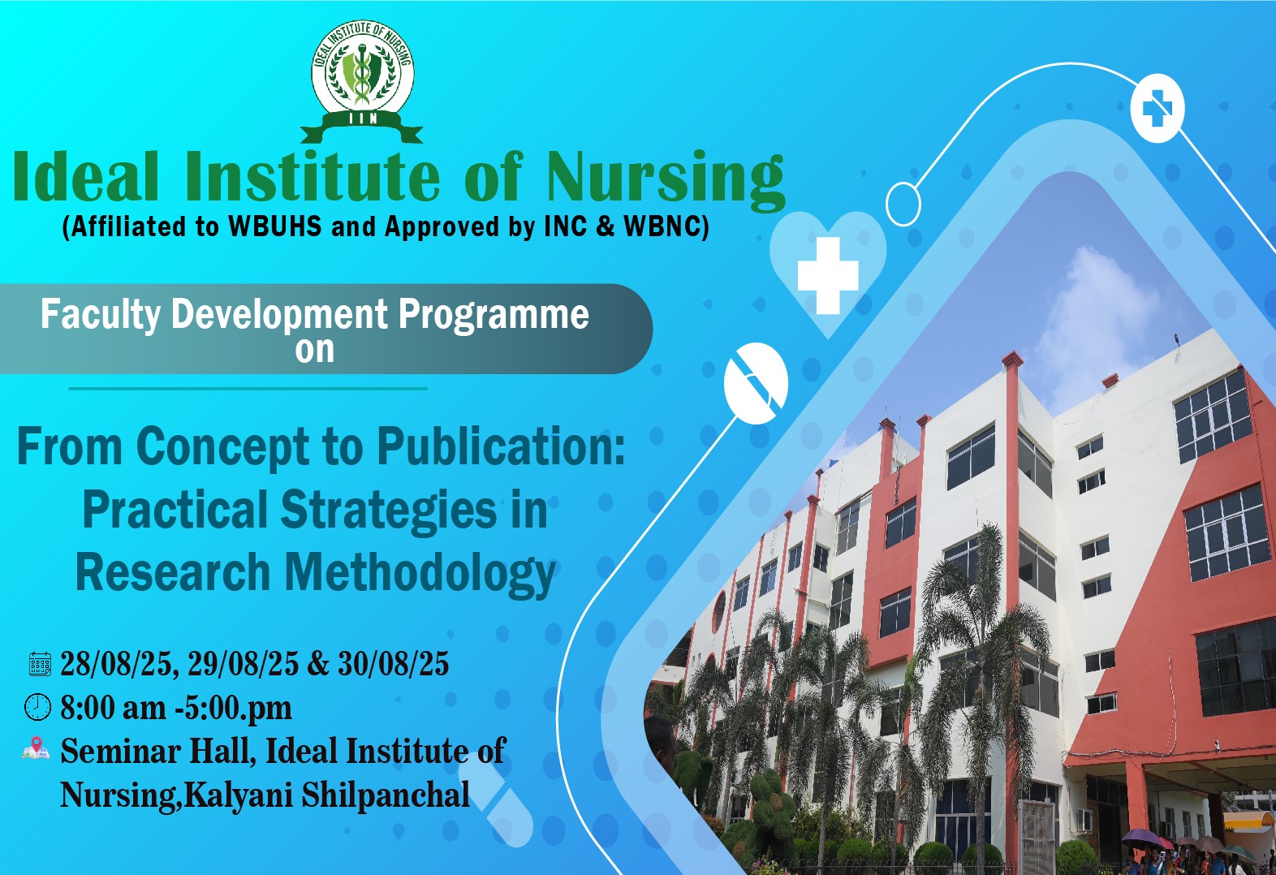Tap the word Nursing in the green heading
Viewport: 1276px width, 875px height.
point(666,179)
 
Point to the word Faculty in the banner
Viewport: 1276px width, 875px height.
point(101,314)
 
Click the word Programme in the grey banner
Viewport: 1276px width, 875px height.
point(494,314)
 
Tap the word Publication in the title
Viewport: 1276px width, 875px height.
point(502,448)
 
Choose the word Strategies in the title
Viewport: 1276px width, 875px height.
point(388,511)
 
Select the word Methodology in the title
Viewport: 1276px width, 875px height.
point(420,574)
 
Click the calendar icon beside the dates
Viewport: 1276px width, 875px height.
point(40,664)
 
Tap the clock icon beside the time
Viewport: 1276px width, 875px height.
point(37,706)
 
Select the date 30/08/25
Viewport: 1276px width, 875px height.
point(393,664)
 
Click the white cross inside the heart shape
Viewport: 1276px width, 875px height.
point(828,276)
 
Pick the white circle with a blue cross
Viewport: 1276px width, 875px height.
point(1157,108)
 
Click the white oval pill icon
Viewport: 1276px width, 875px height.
point(756,383)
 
